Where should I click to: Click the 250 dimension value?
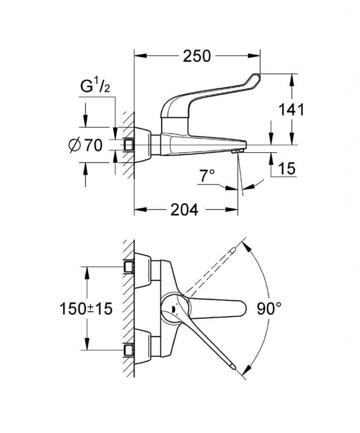[x=196, y=56]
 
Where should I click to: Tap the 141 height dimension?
[x=291, y=110]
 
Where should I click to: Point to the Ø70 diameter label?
[x=85, y=145]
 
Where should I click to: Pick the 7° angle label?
[x=207, y=175]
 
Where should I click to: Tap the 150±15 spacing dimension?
[x=86, y=308]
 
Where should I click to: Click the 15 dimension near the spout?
[x=287, y=168]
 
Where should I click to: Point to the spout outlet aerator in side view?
[x=237, y=151]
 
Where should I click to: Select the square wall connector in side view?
[x=129, y=145]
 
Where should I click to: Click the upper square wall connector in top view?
[x=129, y=267]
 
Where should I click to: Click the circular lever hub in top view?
[x=175, y=308]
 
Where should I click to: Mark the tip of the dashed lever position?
[x=233, y=250]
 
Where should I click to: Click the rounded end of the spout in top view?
[x=243, y=308]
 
